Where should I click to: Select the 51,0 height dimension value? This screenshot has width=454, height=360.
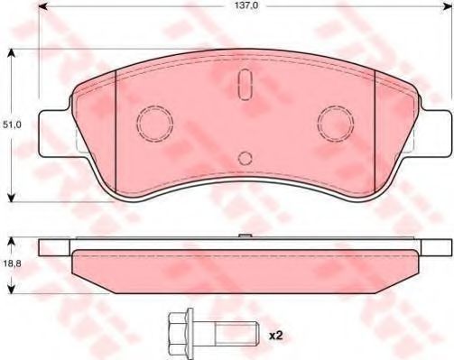[x=12, y=125]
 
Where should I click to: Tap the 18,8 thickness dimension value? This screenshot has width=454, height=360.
[x=12, y=263]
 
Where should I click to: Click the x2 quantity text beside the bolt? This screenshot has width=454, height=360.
[x=275, y=336]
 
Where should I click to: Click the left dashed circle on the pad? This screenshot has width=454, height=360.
[x=154, y=124]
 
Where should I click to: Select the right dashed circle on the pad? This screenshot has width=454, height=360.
[x=336, y=124]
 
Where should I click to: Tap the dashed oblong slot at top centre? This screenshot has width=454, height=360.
[x=245, y=85]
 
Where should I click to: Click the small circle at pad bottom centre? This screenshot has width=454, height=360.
[x=245, y=158]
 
